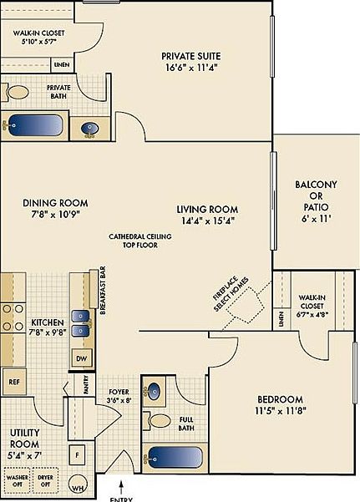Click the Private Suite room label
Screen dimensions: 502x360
pyautogui.click(x=191, y=57)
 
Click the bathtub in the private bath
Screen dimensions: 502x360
pyautogui.click(x=36, y=126)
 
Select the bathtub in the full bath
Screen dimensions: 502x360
pyautogui.click(x=175, y=458)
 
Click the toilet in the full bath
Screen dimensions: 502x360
pyautogui.click(x=159, y=419)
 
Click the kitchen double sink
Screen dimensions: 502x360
pyautogui.click(x=81, y=322)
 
